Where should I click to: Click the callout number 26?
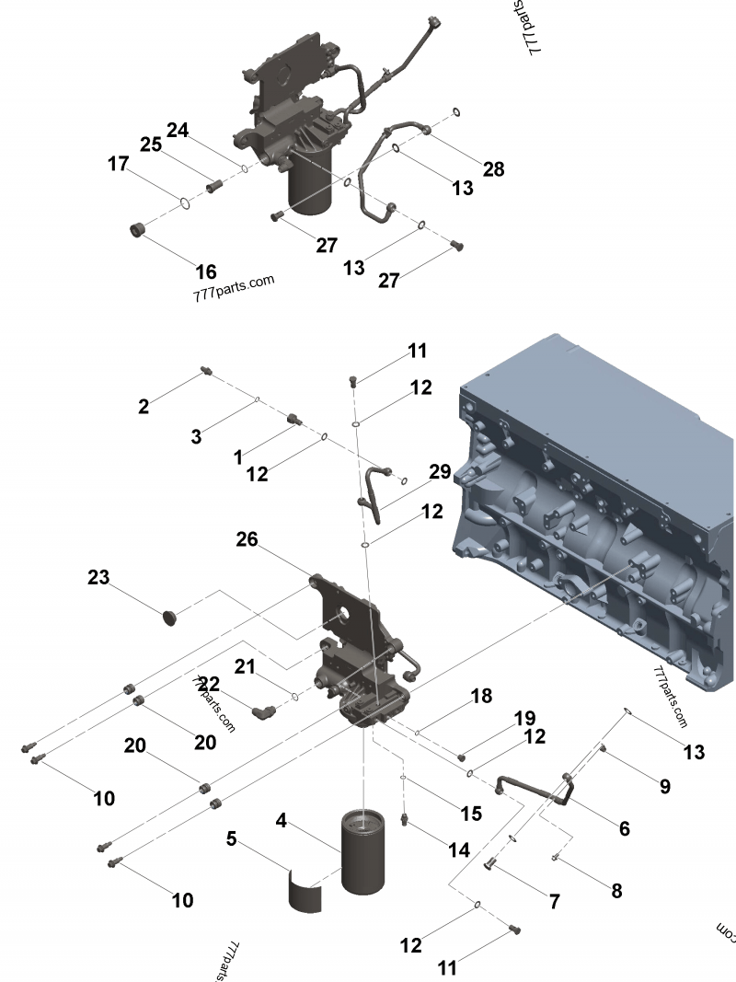[x=247, y=539]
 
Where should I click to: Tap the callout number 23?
[x=98, y=578]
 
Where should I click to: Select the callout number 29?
[x=440, y=472]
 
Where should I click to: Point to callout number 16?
[x=206, y=271]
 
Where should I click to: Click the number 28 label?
[x=493, y=168]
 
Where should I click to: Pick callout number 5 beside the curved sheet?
[x=233, y=838]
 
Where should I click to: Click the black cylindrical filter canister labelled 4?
[x=366, y=850]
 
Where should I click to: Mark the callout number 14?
[x=459, y=849]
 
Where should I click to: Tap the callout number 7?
[x=554, y=902]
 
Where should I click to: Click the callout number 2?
[x=144, y=406]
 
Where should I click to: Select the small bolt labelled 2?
[x=206, y=371]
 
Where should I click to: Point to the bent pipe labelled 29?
[x=370, y=488]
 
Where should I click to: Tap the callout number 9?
[x=663, y=786]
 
